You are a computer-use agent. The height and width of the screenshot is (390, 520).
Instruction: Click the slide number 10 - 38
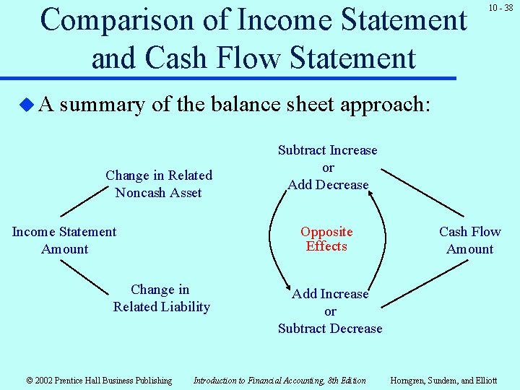500,8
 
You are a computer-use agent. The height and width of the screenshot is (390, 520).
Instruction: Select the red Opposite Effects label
326,239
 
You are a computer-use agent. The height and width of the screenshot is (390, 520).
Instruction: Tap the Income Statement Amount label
64,240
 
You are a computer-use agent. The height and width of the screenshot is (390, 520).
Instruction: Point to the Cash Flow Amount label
469,240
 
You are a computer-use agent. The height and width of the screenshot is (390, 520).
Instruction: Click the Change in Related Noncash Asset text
159,184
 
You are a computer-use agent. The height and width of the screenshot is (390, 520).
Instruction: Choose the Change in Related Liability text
161,298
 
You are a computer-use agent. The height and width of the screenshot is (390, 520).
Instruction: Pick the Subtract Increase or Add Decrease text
328,168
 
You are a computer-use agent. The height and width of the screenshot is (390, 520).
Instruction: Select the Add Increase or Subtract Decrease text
330,311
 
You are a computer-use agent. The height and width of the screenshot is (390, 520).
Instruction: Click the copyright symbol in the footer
30,381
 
